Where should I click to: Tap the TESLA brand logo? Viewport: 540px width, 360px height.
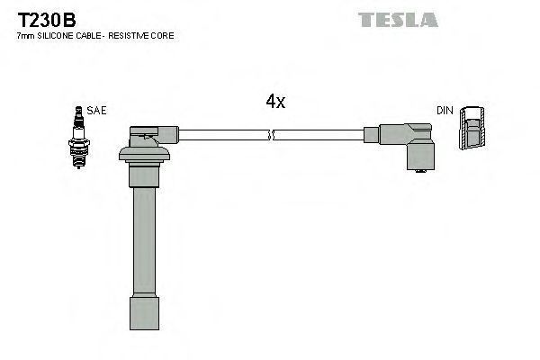(x=397, y=19)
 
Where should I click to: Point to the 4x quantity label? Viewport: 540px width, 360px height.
(x=275, y=103)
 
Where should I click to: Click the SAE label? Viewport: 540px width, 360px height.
(x=97, y=111)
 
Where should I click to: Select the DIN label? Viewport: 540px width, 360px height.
(x=445, y=111)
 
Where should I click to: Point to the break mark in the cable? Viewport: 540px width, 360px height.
(x=273, y=136)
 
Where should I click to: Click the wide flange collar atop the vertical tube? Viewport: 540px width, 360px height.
(x=144, y=157)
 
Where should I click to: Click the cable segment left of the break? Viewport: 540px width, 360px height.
(x=225, y=135)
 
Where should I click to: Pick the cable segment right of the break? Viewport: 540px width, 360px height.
(x=319, y=135)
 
